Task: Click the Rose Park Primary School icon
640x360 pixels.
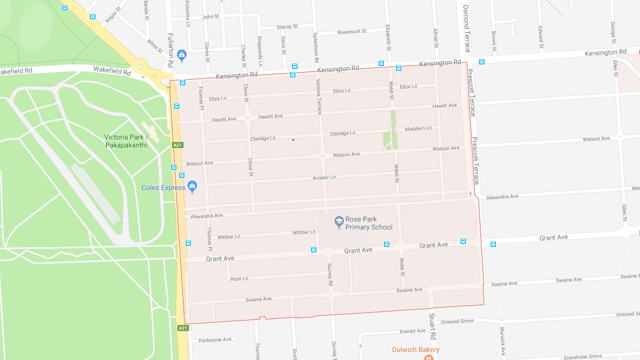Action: pos(339,222)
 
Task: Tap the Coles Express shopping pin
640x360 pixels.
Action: pos(192,187)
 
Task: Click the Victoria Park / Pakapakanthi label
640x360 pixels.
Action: pos(126,141)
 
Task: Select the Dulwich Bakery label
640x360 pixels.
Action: pos(415,349)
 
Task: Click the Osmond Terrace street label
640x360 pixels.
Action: pos(466,28)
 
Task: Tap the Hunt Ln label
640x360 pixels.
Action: pos(239,278)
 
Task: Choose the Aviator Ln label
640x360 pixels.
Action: pos(324,177)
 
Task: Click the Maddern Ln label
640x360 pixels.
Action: pos(418,128)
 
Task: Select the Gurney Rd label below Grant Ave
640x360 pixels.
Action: pos(330,274)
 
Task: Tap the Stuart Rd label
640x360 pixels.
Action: pos(432,326)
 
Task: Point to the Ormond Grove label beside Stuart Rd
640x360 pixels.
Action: pos(457,321)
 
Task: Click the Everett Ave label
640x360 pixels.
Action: pos(412,331)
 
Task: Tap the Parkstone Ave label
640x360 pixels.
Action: pos(215,340)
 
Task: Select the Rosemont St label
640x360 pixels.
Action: pos(351,31)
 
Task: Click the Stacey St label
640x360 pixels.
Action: pos(287,26)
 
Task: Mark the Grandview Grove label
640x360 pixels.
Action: pos(583,356)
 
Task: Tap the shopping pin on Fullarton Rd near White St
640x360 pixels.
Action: pos(181,55)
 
